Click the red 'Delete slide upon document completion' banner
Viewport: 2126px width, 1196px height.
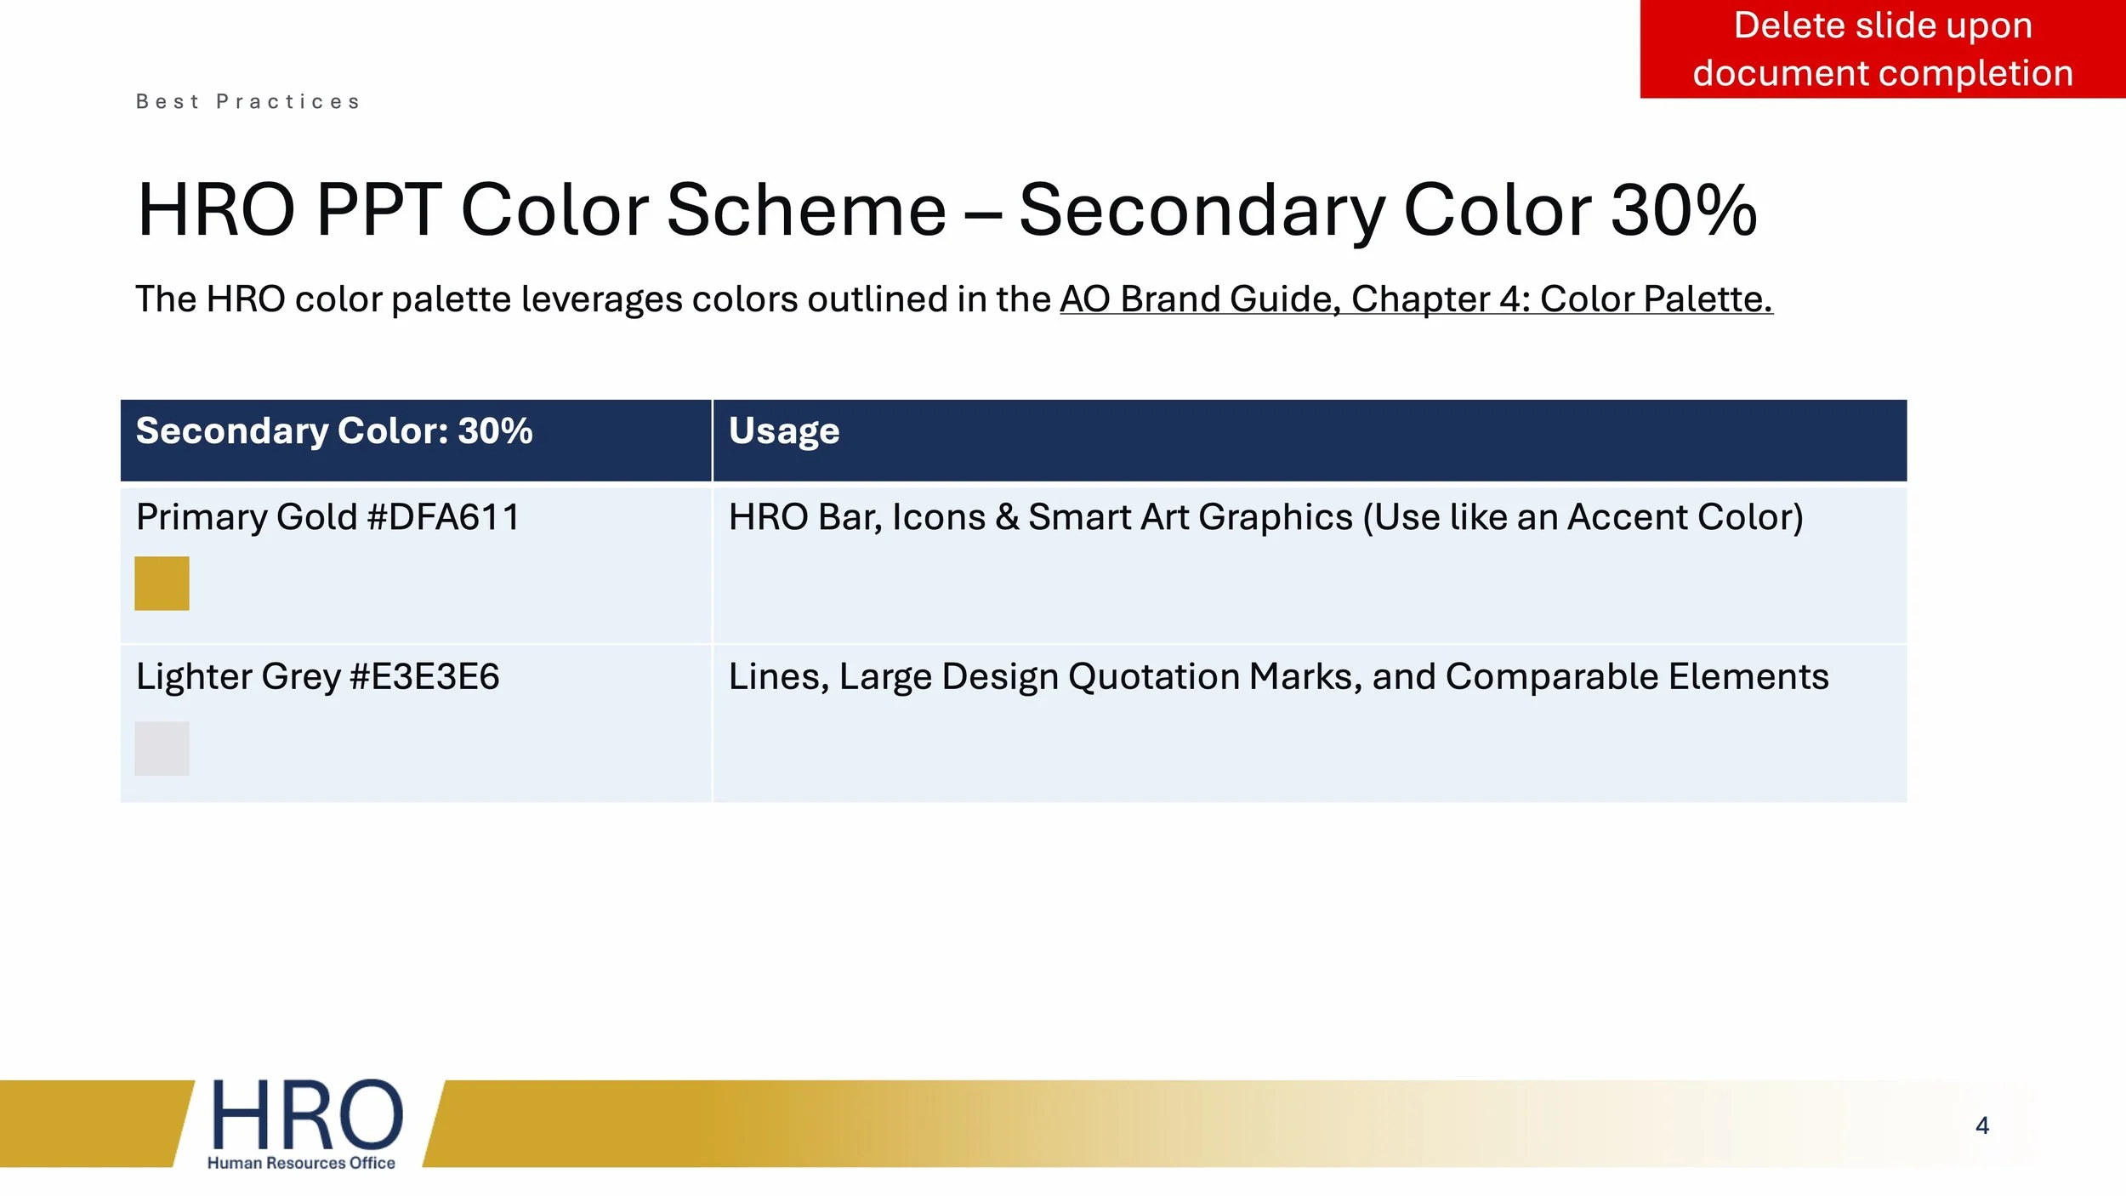[x=1882, y=49]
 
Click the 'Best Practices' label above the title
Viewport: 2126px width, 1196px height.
[x=248, y=102]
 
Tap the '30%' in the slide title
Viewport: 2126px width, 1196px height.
[x=1683, y=210]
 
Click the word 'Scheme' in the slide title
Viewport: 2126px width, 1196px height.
[x=806, y=210]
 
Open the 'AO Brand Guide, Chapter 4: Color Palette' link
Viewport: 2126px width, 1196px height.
[x=1415, y=299]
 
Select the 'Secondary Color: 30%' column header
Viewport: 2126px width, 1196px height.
[x=334, y=431]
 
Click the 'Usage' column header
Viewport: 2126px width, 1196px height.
[x=784, y=431]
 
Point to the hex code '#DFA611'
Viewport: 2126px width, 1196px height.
[x=443, y=517]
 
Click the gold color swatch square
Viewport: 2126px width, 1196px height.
[x=162, y=584]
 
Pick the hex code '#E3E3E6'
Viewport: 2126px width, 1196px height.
[x=424, y=677]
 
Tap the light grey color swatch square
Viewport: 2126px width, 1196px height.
[x=162, y=749]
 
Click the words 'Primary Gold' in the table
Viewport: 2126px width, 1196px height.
[x=247, y=517]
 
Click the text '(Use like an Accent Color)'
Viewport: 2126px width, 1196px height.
[x=1583, y=517]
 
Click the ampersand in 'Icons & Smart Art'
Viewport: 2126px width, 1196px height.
[x=1007, y=517]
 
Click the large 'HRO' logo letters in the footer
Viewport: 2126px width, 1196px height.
[x=306, y=1115]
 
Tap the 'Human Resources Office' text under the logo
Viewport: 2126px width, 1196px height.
[x=301, y=1163]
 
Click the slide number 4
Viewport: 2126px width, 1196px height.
[x=1982, y=1126]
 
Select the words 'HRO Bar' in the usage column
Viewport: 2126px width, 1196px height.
[x=804, y=517]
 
